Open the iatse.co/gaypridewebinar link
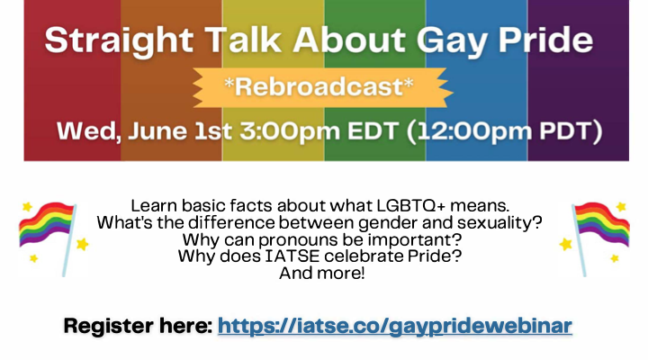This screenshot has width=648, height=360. (395, 325)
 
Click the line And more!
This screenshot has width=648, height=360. (324, 274)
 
